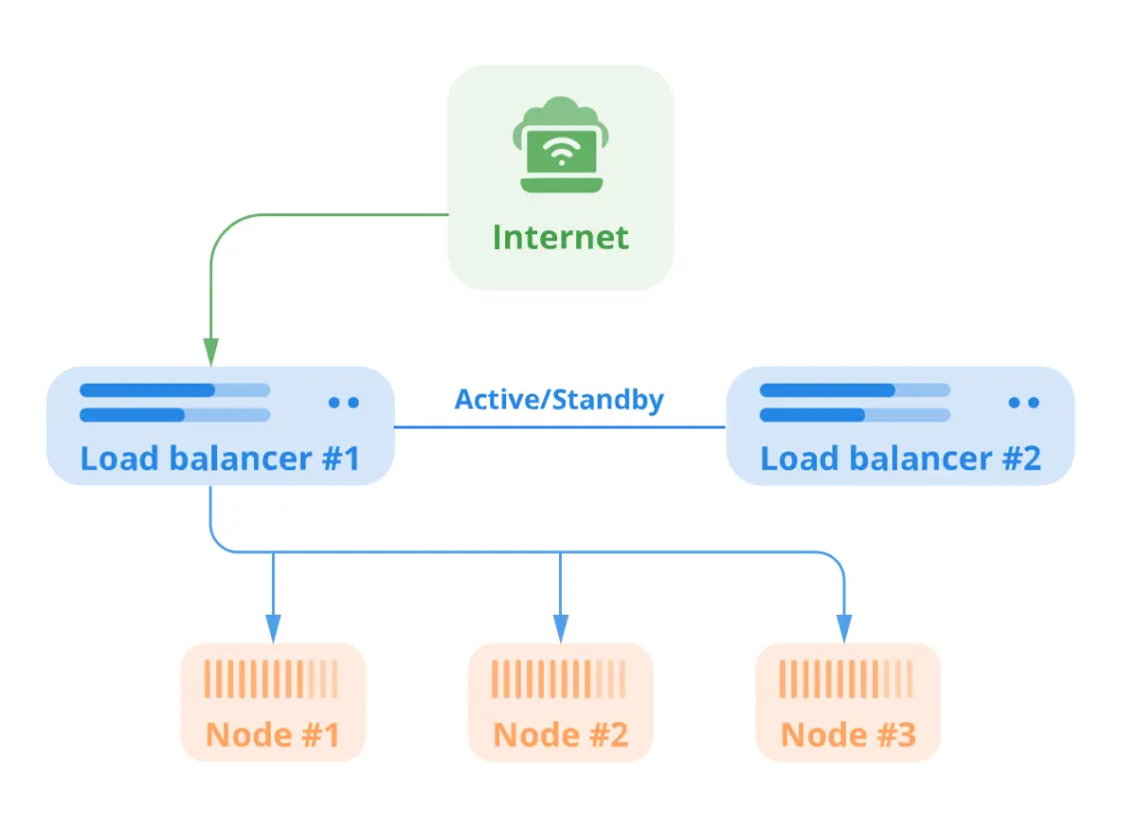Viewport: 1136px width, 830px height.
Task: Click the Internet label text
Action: (560, 237)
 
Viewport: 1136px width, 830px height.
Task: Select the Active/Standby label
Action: (559, 400)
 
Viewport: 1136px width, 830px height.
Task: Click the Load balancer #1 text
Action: (219, 458)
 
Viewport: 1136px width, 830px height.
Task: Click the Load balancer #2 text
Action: (900, 458)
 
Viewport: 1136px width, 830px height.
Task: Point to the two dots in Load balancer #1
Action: (343, 403)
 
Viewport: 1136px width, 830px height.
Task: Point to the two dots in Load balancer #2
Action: (1023, 403)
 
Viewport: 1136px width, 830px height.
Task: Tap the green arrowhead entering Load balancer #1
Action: (210, 351)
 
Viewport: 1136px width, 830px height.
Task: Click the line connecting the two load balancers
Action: (559, 427)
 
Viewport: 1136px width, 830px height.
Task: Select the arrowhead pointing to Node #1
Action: (273, 628)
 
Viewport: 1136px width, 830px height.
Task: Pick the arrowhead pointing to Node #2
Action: (560, 628)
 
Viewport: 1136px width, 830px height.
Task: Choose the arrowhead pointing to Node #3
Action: (844, 628)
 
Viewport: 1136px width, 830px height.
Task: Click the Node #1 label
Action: (273, 735)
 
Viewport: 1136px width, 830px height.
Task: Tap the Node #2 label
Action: (561, 735)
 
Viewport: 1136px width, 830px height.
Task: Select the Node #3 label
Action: (848, 735)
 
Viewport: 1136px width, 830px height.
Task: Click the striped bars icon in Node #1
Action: (272, 680)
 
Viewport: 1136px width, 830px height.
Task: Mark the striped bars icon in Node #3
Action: (847, 680)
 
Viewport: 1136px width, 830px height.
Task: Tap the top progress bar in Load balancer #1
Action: (174, 390)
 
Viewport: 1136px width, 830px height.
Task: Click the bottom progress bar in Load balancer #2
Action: (854, 415)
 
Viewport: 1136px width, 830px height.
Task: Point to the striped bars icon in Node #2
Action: (560, 680)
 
